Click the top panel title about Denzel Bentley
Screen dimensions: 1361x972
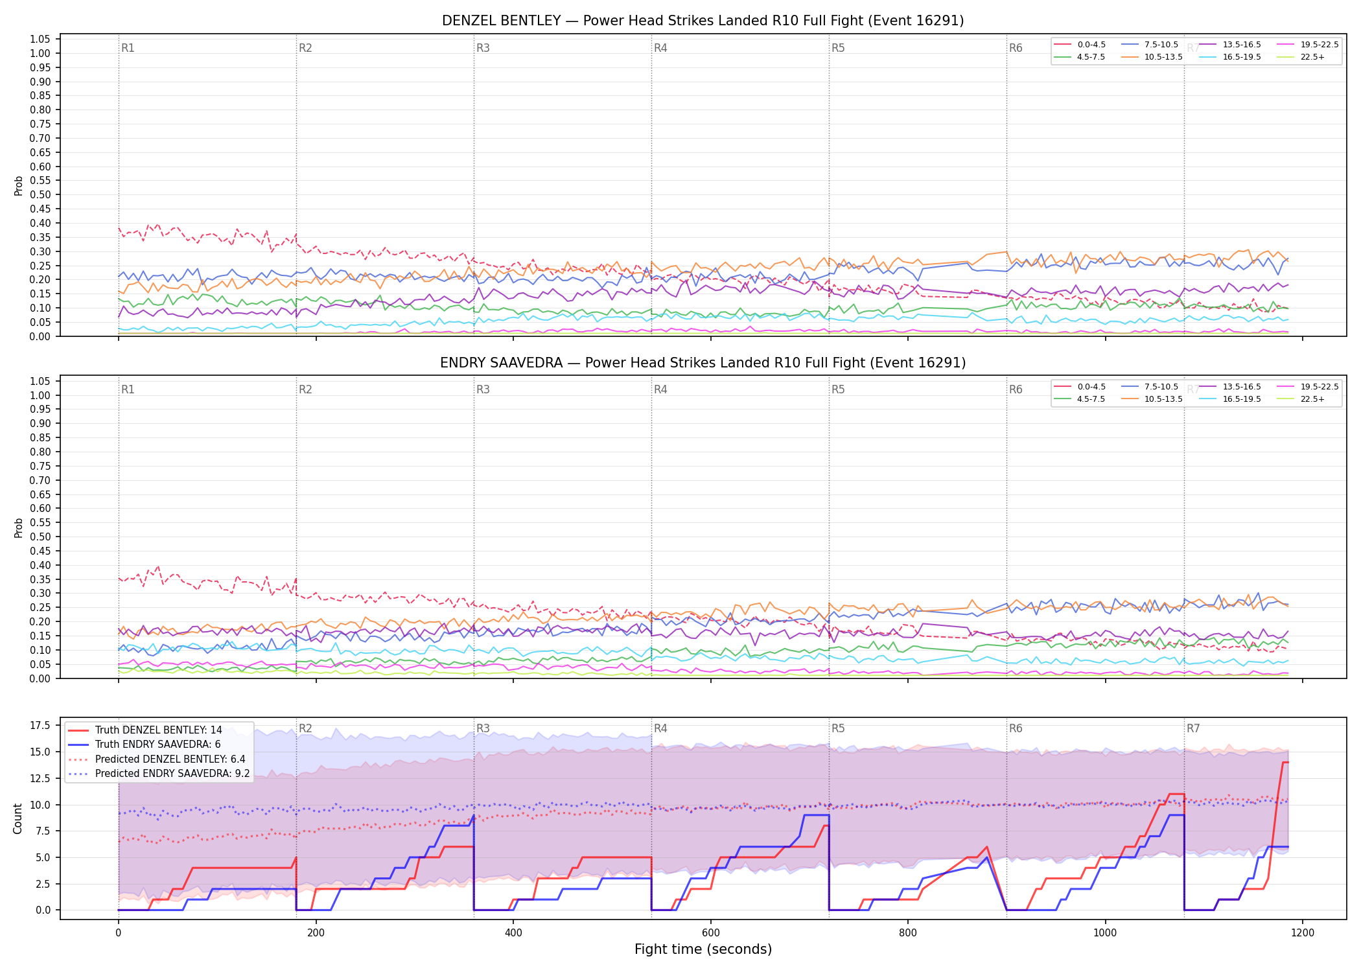coord(703,21)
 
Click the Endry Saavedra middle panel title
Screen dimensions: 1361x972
coord(703,363)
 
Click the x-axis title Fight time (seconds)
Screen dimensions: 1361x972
coord(703,949)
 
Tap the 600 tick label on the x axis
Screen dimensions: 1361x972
coord(711,933)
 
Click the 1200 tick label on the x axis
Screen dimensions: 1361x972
coord(1303,933)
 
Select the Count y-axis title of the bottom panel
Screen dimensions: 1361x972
coord(18,818)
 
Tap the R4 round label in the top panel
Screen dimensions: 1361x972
coord(660,48)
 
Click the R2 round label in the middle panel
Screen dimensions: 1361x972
coord(305,389)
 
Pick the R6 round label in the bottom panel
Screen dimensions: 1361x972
coord(1016,728)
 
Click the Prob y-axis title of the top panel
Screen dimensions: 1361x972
coord(19,186)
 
